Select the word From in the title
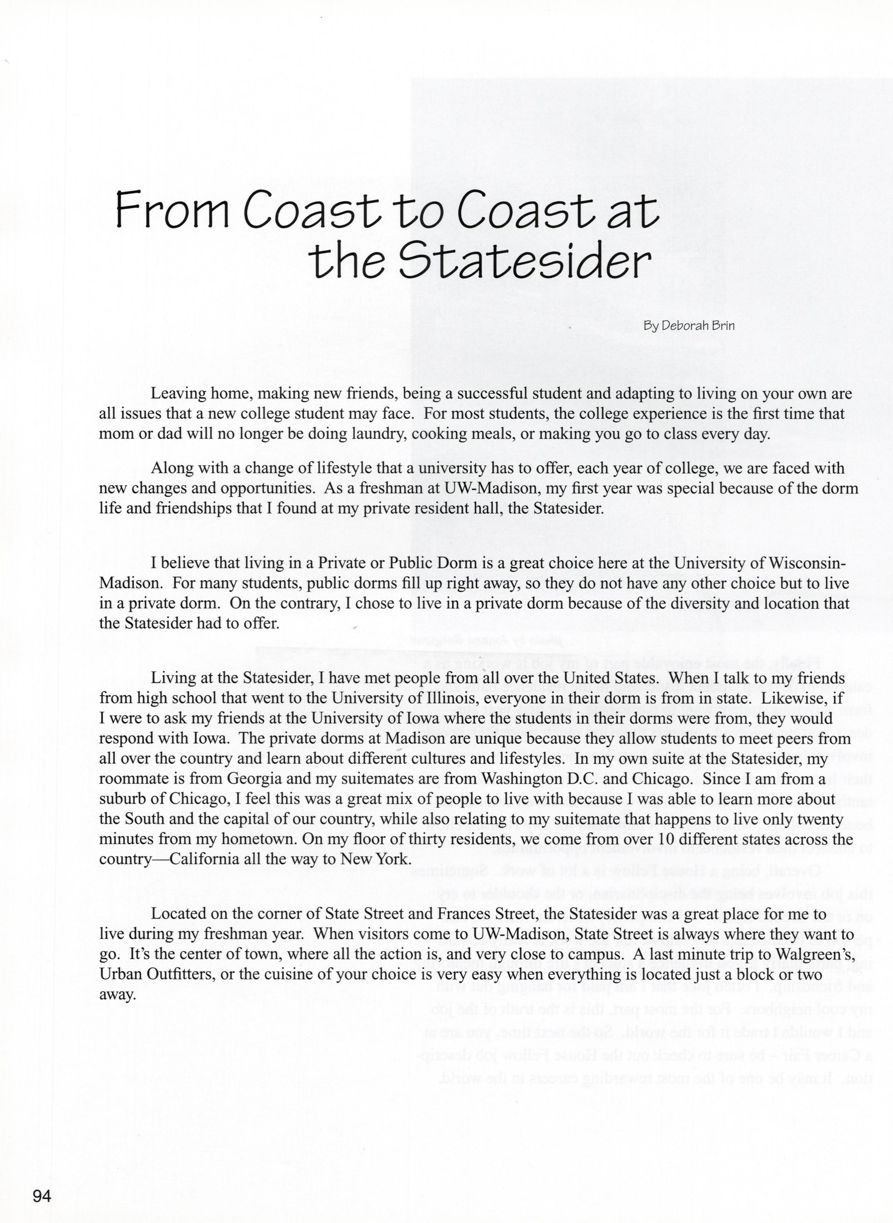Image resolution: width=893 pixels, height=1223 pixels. (172, 210)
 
